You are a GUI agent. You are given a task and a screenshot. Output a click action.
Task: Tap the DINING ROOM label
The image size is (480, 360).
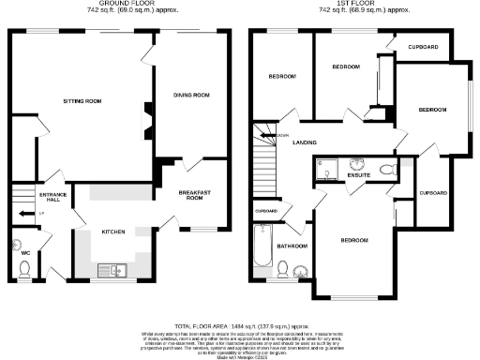(192, 94)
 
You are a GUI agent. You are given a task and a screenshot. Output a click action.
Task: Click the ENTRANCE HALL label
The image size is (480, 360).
(50, 197)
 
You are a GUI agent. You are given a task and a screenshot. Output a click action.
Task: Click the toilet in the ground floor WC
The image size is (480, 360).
(24, 269)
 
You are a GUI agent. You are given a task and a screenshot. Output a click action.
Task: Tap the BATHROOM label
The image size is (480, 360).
(293, 246)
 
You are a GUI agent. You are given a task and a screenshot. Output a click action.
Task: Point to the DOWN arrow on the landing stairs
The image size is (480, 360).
(279, 134)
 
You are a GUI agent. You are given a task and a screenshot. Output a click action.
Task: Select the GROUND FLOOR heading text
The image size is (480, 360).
(120, 4)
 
